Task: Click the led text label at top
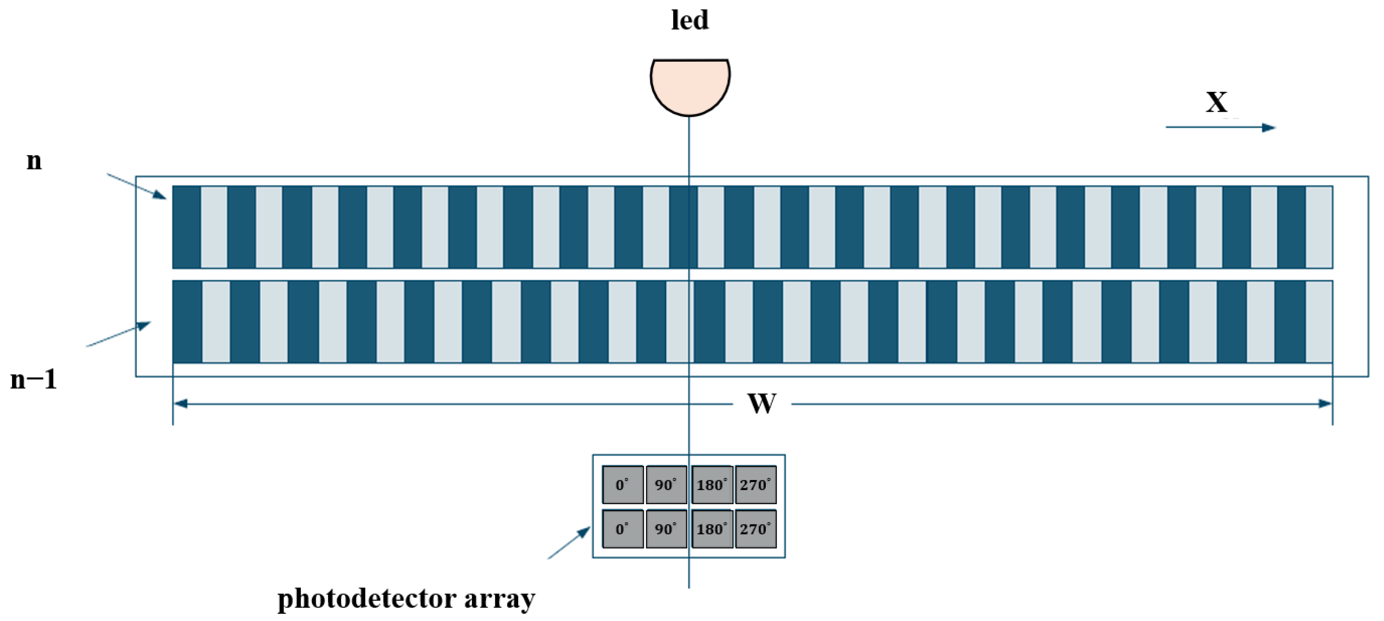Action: (690, 20)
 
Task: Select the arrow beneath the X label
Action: (1220, 127)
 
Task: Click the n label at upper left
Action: (34, 160)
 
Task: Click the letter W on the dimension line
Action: (762, 404)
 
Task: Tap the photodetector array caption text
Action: (406, 599)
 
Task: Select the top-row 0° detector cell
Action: (623, 485)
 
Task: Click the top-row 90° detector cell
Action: (666, 485)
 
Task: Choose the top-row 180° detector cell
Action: (712, 485)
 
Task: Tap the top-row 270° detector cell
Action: (755, 485)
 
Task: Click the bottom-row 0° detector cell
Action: (623, 529)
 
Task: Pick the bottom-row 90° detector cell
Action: (666, 529)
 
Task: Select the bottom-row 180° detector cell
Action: (712, 529)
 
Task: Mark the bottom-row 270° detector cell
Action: (755, 529)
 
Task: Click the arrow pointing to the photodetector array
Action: (569, 543)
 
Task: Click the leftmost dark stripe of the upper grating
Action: (186, 227)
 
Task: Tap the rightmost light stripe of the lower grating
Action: (1319, 321)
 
